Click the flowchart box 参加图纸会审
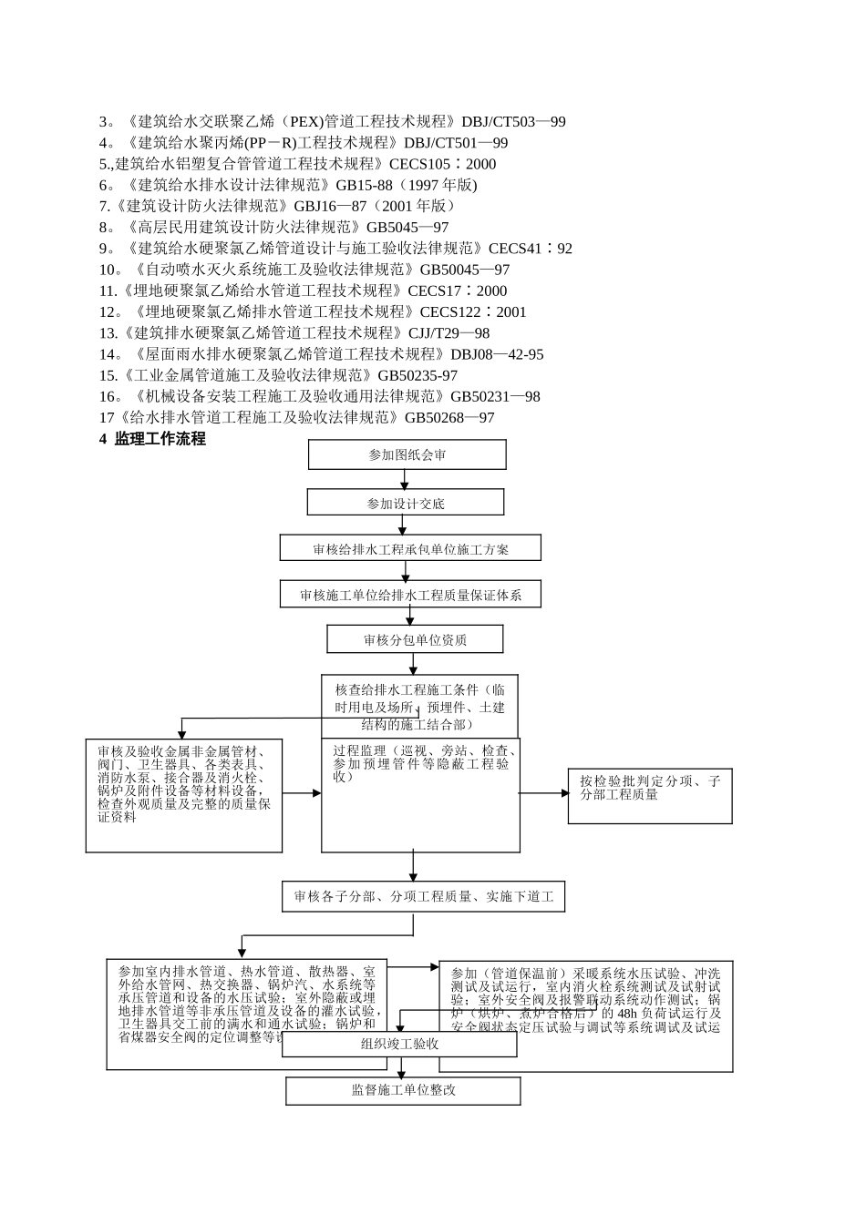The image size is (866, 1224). [x=407, y=454]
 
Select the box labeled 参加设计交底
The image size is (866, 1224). [x=406, y=503]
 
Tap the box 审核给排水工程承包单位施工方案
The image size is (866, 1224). [x=410, y=548]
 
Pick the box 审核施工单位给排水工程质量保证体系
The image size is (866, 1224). [x=410, y=595]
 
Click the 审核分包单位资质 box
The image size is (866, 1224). [x=415, y=639]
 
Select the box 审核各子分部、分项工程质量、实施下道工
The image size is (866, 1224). [x=423, y=897]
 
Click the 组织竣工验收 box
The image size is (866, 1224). [x=399, y=1044]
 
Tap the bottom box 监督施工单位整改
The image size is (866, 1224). [x=403, y=1090]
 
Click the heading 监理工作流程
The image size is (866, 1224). [x=160, y=439]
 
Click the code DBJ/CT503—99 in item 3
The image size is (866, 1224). [x=513, y=122]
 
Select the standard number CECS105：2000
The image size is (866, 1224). [x=442, y=164]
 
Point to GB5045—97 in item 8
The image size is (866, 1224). [x=407, y=228]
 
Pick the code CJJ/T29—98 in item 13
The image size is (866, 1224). [x=448, y=333]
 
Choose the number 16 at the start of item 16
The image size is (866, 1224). [x=108, y=397]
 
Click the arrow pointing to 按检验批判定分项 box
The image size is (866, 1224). [x=545, y=793]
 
